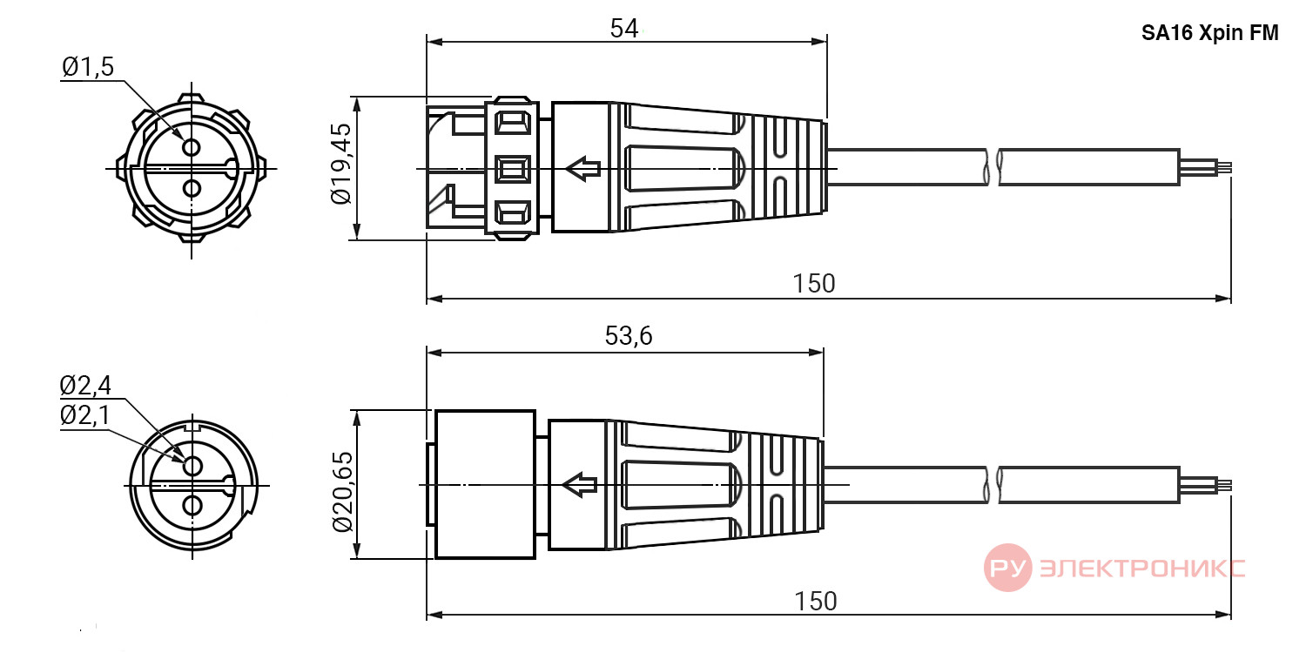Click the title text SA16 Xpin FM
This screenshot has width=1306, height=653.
(x=1210, y=33)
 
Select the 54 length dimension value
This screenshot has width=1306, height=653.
(x=624, y=29)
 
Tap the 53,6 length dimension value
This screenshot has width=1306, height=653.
(x=629, y=336)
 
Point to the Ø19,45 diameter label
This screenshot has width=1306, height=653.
(x=341, y=164)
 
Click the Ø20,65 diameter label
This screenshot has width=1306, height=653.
(x=342, y=492)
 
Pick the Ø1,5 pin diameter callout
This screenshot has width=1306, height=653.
(x=88, y=67)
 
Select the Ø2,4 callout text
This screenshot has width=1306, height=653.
(x=85, y=386)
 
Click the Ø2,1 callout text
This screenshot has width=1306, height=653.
(x=85, y=415)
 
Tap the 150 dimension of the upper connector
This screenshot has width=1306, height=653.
(x=814, y=284)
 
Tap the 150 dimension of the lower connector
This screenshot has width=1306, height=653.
(x=816, y=602)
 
